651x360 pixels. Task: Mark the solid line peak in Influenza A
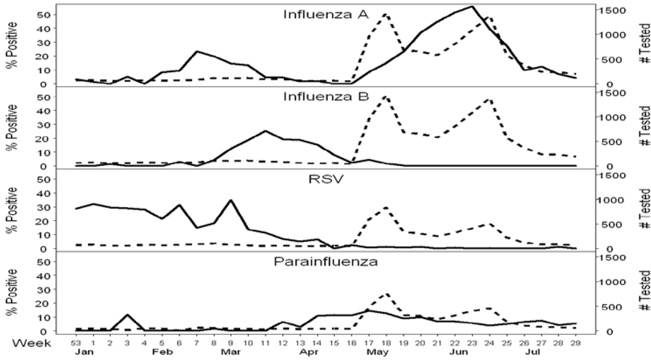pos(471,7)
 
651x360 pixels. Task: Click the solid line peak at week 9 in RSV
pos(231,201)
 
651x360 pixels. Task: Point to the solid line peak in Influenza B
pos(266,131)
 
